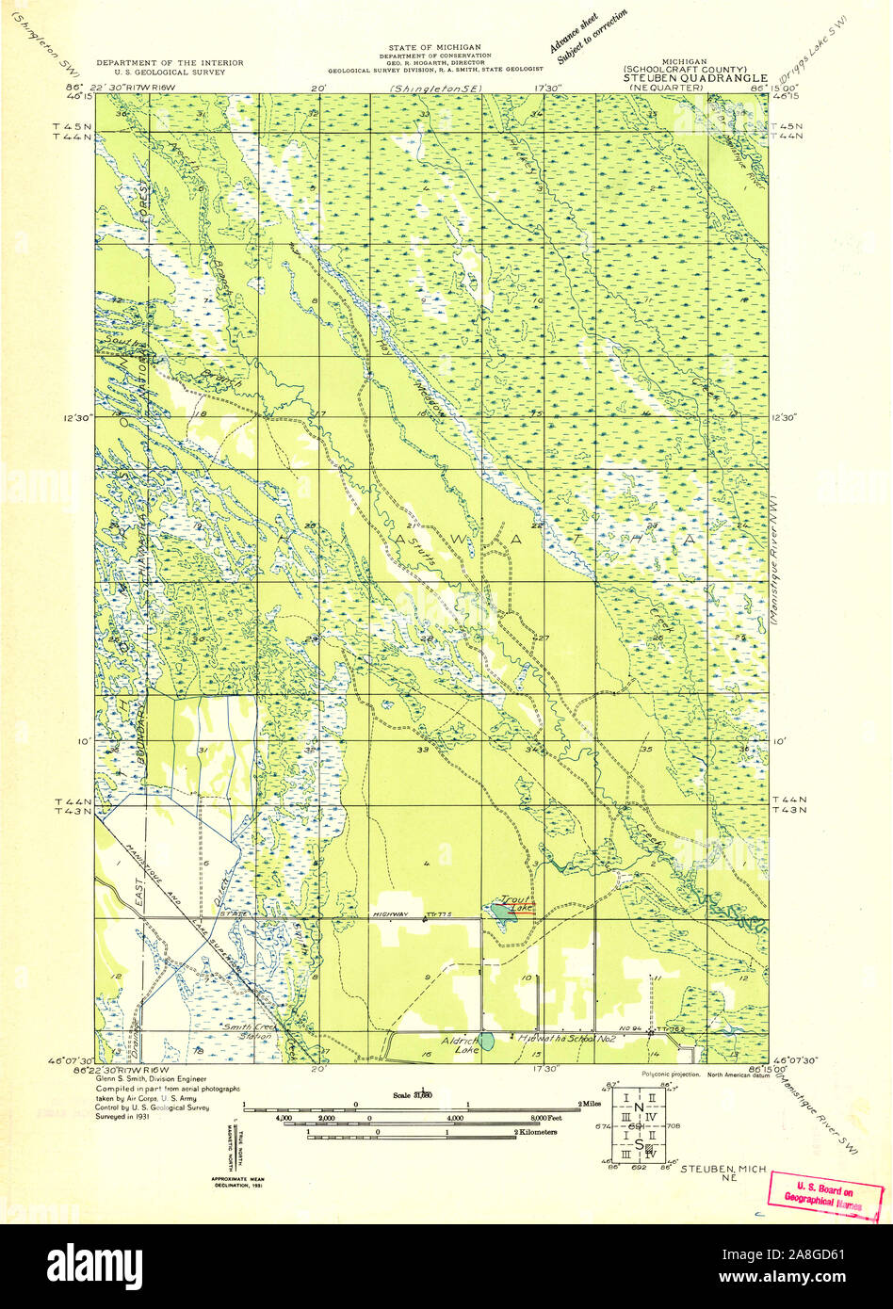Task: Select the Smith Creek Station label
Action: pyautogui.click(x=246, y=1030)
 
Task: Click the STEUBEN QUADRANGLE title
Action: pyautogui.click(x=690, y=78)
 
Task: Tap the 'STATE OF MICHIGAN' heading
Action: pyautogui.click(x=434, y=47)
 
